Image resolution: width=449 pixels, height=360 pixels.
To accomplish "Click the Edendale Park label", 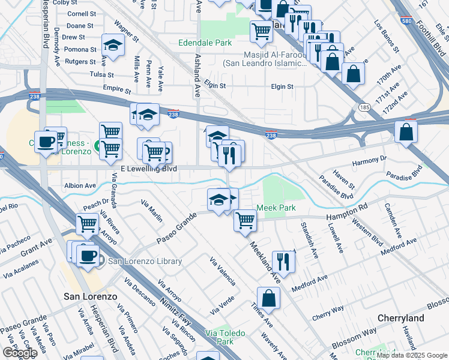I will (205, 43).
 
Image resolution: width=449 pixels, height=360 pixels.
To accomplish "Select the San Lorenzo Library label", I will (145, 261).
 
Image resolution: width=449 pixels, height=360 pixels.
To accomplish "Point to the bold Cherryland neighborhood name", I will (401, 318).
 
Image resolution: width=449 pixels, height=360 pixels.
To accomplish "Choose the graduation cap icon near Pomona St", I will (112, 44).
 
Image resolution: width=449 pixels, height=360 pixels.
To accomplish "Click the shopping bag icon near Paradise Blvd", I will (406, 131).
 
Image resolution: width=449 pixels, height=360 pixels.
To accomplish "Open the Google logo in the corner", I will (20, 353).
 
